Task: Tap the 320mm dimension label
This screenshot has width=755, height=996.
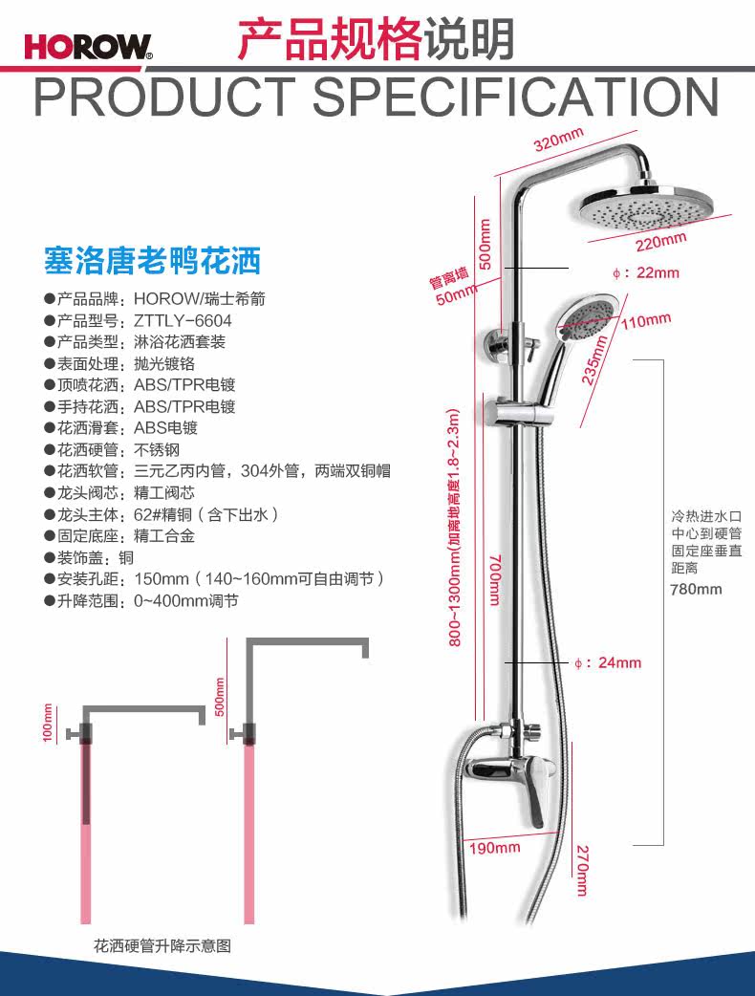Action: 558,141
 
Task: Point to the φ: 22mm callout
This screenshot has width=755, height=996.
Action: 646,272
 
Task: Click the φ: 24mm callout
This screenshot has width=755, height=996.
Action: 609,662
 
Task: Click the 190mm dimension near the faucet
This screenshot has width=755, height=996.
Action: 494,847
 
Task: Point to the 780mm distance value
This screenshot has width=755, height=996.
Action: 696,589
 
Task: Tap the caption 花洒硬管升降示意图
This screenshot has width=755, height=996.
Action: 162,946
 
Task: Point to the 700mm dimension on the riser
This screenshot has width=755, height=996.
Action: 492,582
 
